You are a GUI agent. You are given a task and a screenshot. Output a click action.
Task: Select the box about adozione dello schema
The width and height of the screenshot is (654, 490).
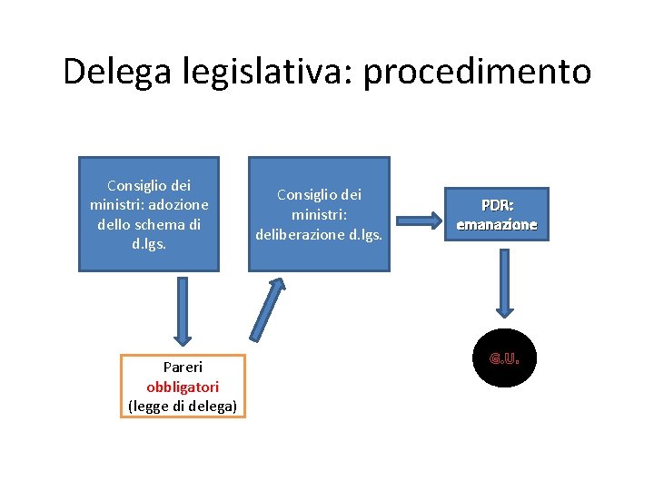point(149,214)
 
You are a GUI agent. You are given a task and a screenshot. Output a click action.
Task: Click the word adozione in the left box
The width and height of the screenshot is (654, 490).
point(177,204)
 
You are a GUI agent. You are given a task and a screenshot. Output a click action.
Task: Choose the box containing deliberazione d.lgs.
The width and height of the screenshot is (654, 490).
point(319,214)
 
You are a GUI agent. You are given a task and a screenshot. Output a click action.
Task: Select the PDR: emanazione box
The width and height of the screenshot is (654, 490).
point(497,215)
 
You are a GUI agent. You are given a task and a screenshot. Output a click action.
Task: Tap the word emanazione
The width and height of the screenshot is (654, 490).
point(497,224)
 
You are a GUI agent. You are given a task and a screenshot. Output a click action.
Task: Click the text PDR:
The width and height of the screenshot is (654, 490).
point(497,206)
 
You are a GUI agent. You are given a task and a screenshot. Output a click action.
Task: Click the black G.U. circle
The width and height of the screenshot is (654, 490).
point(504,358)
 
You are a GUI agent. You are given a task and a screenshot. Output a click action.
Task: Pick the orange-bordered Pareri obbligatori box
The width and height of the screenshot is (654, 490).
point(183,386)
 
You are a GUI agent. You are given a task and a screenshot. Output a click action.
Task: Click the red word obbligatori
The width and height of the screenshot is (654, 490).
point(183,387)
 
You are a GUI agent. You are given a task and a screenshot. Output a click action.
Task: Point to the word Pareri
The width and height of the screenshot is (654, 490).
point(183,367)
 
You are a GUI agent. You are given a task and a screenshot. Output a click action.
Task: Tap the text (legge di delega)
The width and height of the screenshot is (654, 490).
point(183,406)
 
